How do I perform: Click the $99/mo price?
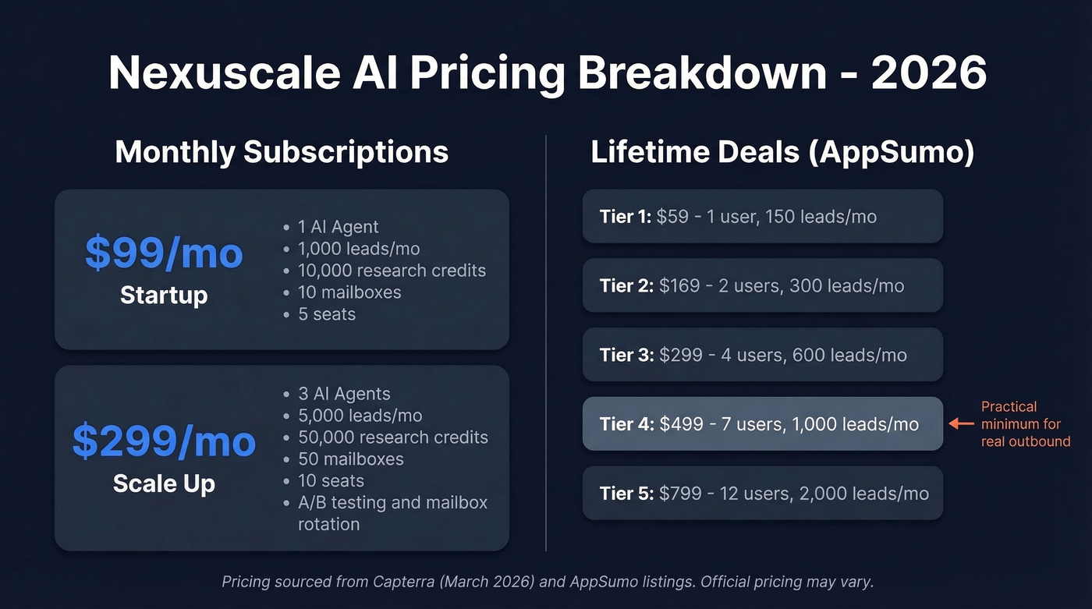pyautogui.click(x=164, y=253)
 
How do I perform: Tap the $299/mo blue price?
pyautogui.click(x=164, y=441)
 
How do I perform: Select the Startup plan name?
pyautogui.click(x=164, y=296)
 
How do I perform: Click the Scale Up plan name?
pyautogui.click(x=164, y=483)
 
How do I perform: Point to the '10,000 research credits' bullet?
pyautogui.click(x=392, y=271)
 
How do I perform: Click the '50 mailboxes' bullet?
pyautogui.click(x=350, y=459)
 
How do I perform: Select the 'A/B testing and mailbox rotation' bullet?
pyautogui.click(x=392, y=513)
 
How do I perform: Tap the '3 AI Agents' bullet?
pyautogui.click(x=344, y=394)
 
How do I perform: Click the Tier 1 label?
pyautogui.click(x=625, y=216)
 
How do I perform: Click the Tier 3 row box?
pyautogui.click(x=762, y=355)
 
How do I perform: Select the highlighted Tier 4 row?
pyautogui.click(x=762, y=424)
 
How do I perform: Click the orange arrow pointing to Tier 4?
pyautogui.click(x=960, y=424)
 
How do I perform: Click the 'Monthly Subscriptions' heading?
pyautogui.click(x=282, y=151)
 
